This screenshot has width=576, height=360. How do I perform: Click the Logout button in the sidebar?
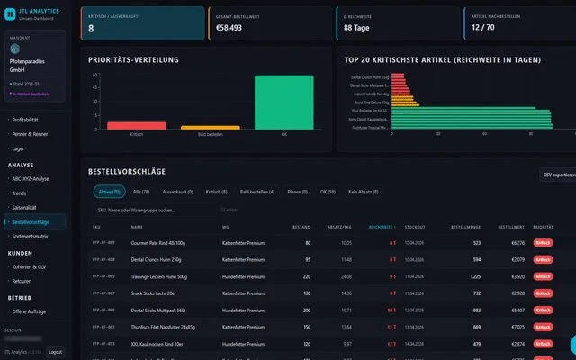point(55,352)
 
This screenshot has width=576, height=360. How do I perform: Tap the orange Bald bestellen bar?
point(211,128)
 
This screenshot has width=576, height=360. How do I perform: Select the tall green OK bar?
point(284,103)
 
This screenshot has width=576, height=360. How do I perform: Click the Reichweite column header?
point(381,227)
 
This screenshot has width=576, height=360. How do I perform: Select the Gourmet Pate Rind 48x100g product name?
point(162,243)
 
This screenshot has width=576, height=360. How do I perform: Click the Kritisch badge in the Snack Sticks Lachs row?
point(543,292)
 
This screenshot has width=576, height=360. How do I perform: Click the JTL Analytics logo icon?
point(10,9)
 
